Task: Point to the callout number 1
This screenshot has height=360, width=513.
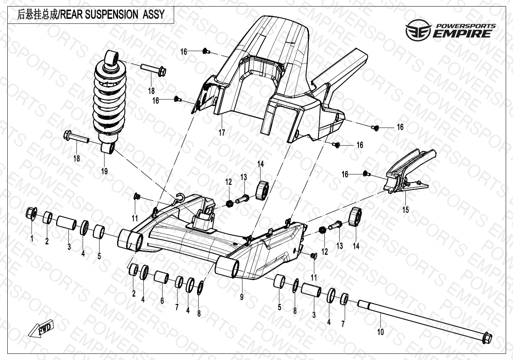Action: pyautogui.click(x=32, y=239)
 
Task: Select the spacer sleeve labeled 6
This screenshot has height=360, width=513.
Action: pyautogui.click(x=161, y=276)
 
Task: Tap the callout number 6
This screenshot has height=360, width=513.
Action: pyautogui.click(x=162, y=300)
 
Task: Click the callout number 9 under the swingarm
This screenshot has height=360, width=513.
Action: pyautogui.click(x=241, y=297)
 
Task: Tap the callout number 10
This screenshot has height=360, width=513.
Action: pyautogui.click(x=380, y=331)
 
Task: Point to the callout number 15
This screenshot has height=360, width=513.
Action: pyautogui.click(x=406, y=210)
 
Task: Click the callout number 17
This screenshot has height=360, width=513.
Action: pyautogui.click(x=222, y=133)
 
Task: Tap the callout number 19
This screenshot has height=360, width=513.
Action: pyautogui.click(x=105, y=171)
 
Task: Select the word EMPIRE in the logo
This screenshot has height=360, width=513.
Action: pyautogui.click(x=462, y=34)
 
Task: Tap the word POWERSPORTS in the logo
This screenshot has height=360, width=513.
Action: pyautogui.click(x=465, y=26)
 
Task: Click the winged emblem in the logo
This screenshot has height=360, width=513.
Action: pyautogui.click(x=418, y=30)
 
